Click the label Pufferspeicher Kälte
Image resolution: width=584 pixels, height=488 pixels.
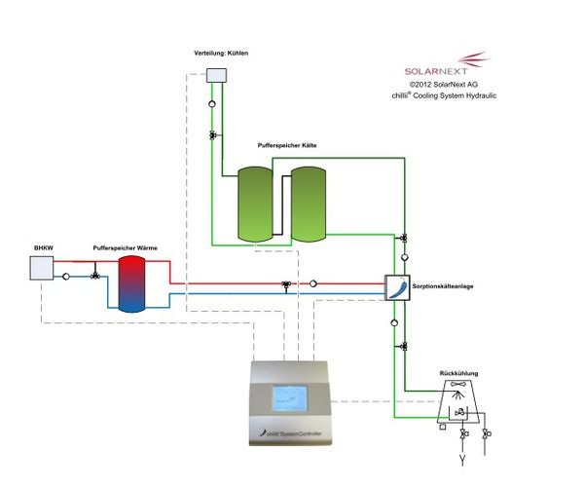pos(287,145)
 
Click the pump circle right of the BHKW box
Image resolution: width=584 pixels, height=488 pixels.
pos(65,277)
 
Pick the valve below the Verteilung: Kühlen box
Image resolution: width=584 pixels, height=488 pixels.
pos(212,135)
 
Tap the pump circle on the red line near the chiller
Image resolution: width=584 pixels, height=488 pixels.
pos(314,284)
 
